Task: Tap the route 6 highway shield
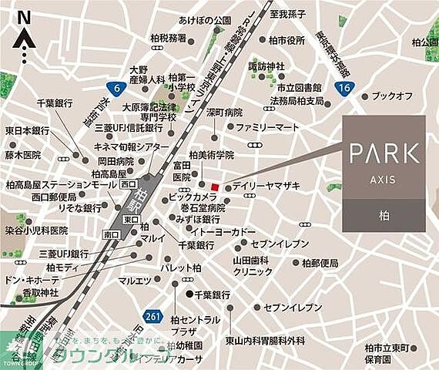click(x=117, y=89)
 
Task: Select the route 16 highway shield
click(x=343, y=89)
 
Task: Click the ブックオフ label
click(x=393, y=95)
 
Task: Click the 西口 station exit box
click(x=129, y=185)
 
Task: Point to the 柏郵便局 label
click(x=320, y=263)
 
